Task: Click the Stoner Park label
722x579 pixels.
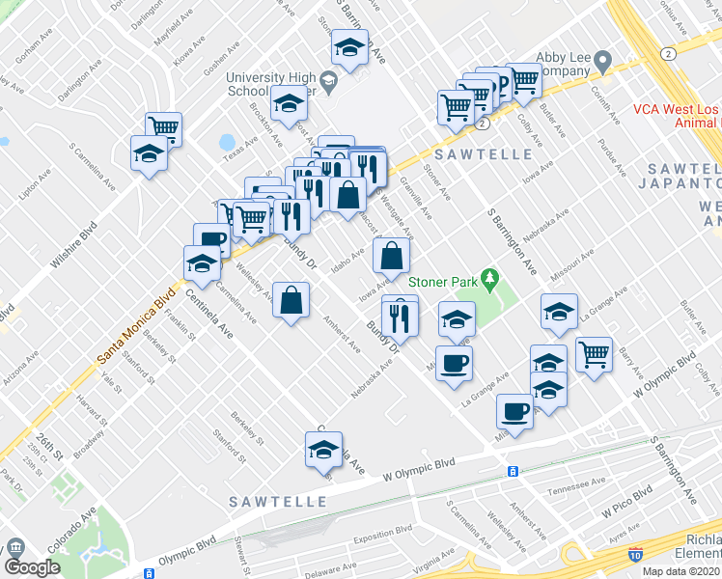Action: tap(443, 282)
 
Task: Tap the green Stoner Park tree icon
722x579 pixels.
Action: tap(490, 281)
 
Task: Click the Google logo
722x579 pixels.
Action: tap(32, 568)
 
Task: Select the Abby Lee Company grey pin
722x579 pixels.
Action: tap(603, 64)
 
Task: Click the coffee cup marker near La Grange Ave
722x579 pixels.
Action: tap(454, 364)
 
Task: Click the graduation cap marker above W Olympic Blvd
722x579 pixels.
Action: tap(324, 449)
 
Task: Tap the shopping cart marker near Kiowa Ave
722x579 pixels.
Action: tap(164, 126)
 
